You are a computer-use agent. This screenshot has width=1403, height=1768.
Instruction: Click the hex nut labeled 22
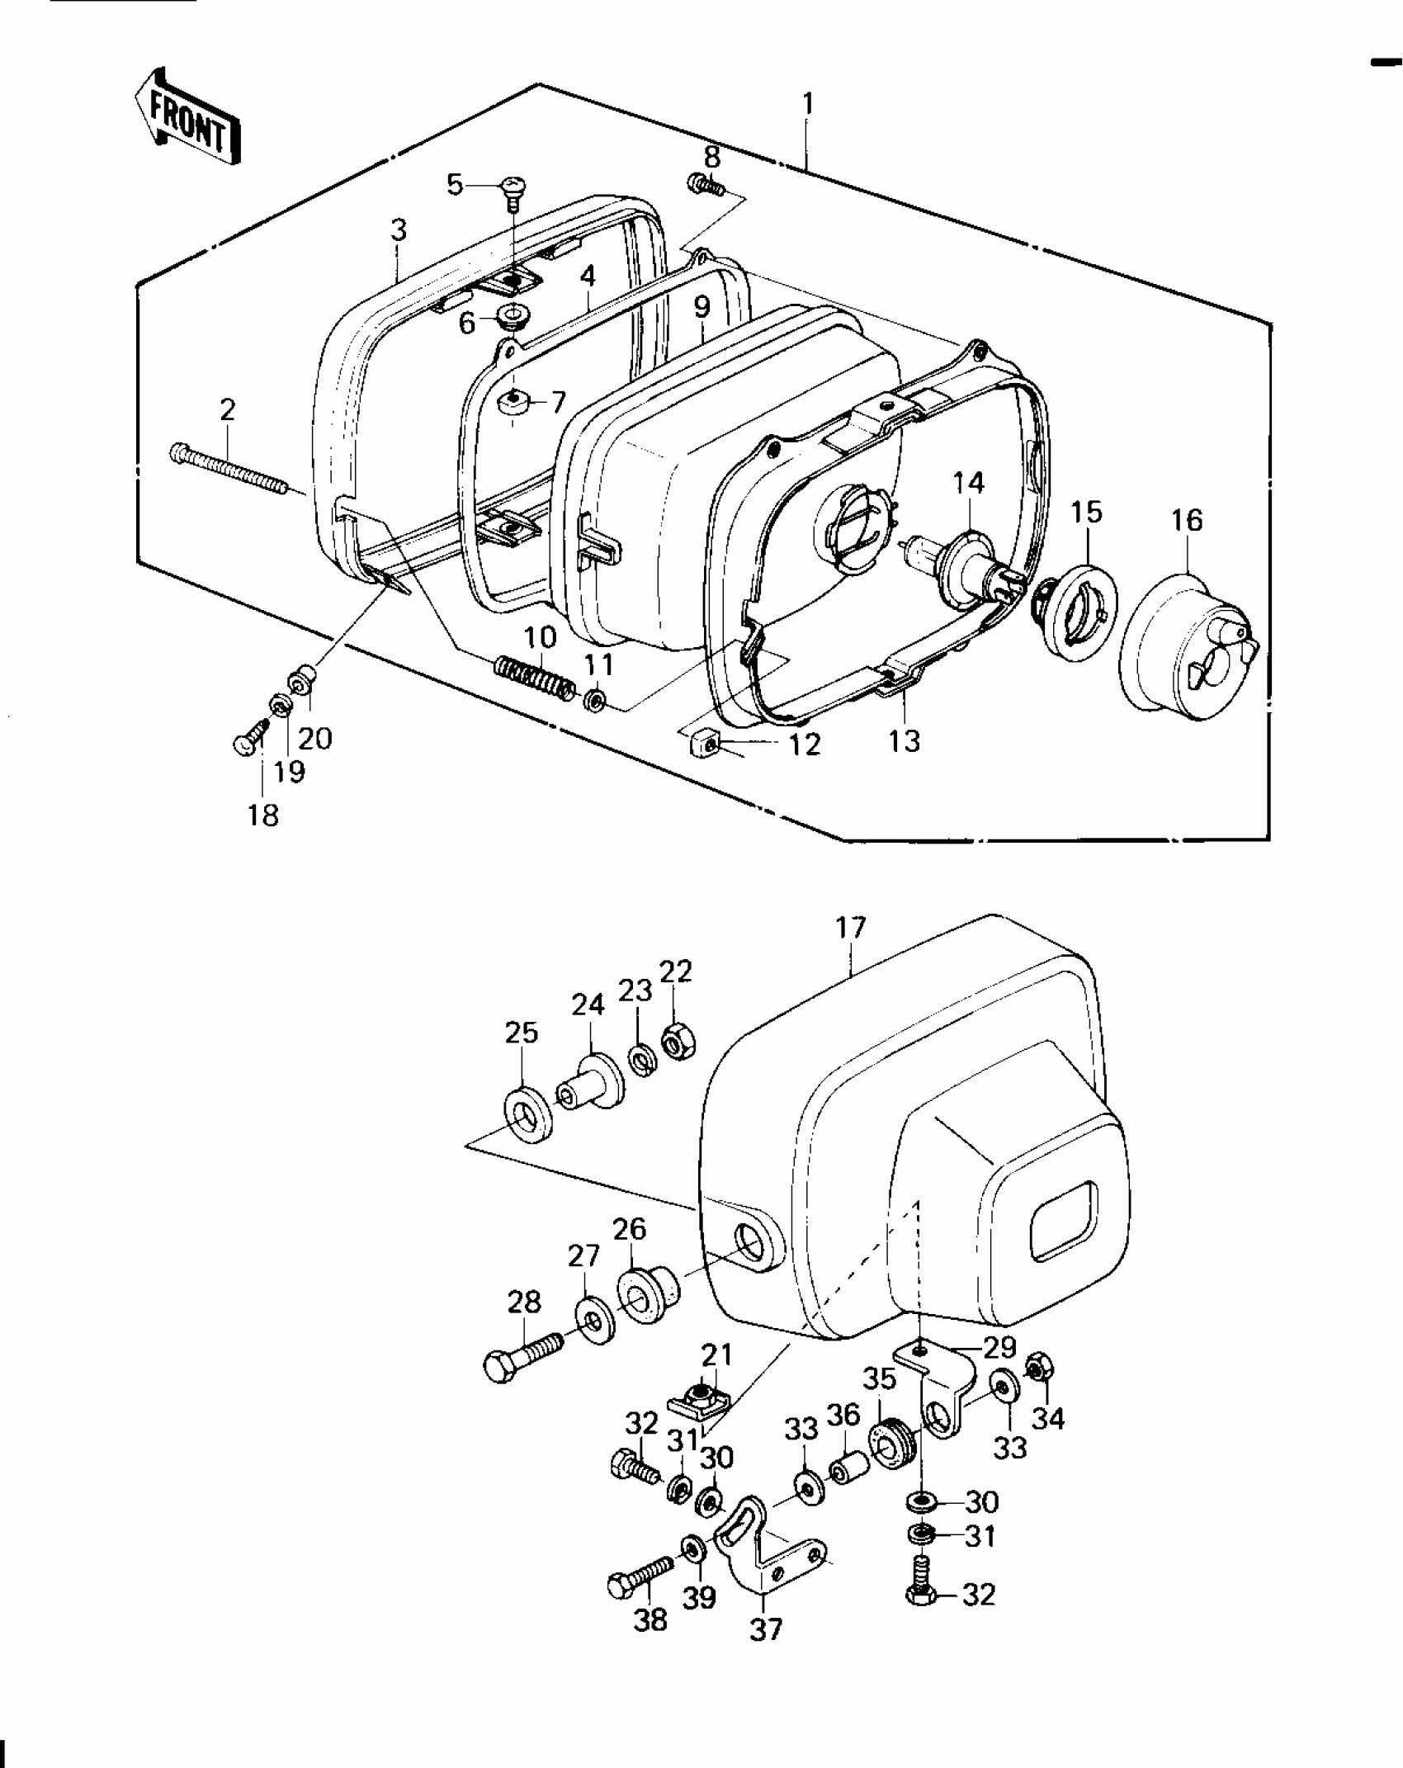680,1047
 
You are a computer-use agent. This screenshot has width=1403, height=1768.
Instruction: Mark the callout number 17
851,928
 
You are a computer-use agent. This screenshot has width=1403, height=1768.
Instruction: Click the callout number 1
808,104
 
